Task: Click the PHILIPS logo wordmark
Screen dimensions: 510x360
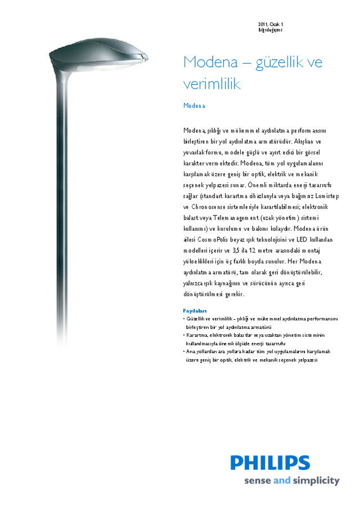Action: click(270, 463)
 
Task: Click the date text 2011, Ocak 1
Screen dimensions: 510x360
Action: click(271, 24)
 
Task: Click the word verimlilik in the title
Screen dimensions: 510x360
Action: click(212, 84)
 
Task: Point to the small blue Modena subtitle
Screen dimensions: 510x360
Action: click(195, 105)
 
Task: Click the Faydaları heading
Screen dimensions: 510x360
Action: click(195, 311)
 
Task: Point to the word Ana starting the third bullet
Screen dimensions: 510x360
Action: click(191, 351)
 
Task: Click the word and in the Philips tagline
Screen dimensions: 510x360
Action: click(281, 481)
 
